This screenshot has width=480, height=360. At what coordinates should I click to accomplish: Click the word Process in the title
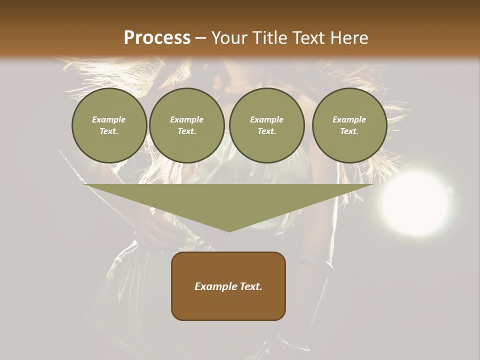(157, 38)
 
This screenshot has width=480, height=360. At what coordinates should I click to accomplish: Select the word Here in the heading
(349, 38)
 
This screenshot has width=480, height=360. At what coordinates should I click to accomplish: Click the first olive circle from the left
(109, 125)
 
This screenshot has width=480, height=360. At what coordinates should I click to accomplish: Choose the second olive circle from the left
(186, 125)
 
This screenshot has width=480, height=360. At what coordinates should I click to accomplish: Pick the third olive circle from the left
(266, 125)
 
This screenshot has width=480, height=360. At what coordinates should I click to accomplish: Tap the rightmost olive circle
(349, 125)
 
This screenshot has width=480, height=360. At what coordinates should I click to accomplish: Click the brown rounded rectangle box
(228, 286)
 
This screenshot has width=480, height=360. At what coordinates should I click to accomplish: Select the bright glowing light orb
(414, 203)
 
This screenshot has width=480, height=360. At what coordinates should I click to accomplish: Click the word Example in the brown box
(215, 286)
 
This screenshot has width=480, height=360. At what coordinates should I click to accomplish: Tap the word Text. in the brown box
(251, 286)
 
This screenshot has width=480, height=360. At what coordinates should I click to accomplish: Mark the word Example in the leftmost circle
(109, 119)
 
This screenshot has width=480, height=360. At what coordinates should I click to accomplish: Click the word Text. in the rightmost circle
(349, 131)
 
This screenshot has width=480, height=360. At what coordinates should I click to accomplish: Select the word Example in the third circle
(266, 119)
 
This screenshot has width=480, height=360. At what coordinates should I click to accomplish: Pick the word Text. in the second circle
(186, 131)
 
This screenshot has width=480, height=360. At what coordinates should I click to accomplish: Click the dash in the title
(201, 38)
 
